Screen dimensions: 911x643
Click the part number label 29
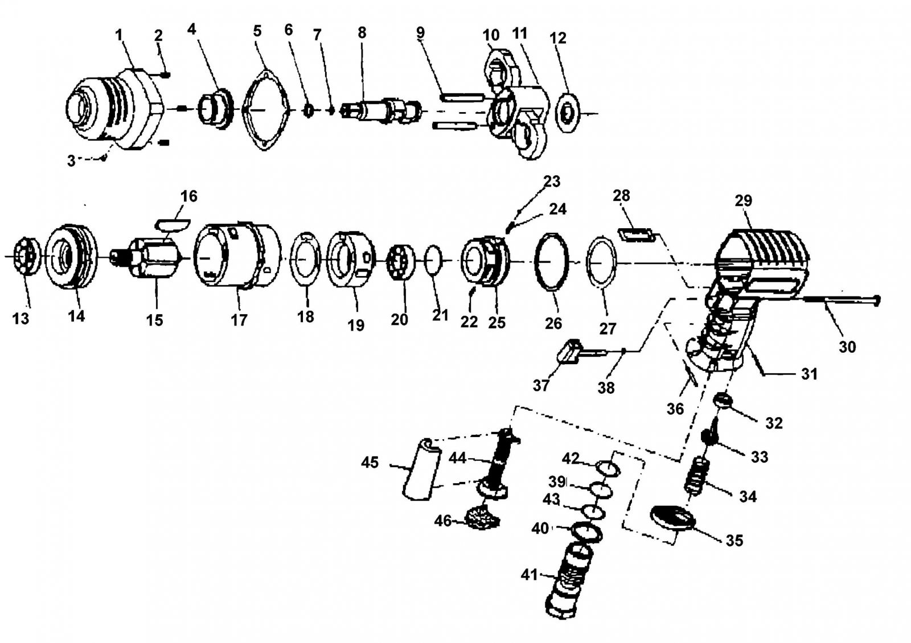pyautogui.click(x=744, y=200)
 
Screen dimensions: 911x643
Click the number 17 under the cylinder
pyautogui.click(x=239, y=320)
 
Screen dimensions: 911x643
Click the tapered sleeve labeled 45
pyautogui.click(x=421, y=469)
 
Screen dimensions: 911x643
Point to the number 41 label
pyautogui.click(x=530, y=575)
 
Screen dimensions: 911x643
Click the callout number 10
pyautogui.click(x=491, y=35)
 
